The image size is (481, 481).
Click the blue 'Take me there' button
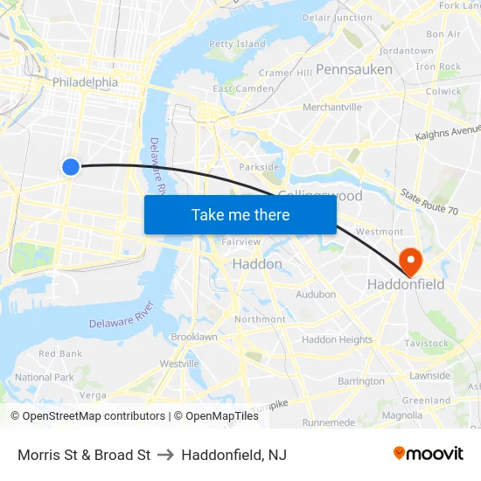point(240,214)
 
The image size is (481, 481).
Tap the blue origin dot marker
point(72,166)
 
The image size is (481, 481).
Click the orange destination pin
point(409,260)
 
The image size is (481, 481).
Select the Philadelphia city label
point(85,82)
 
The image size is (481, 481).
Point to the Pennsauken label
point(353,68)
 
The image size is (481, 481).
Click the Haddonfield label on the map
point(405,284)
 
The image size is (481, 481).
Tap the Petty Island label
point(237,44)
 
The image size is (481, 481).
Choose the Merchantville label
point(331,108)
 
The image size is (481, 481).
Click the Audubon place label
point(316,295)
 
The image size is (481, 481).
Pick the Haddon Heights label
point(337,339)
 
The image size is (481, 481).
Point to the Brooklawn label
point(194,337)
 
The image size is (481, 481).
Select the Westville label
point(179,364)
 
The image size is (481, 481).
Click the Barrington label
point(361,381)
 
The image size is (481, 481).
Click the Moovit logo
point(428,453)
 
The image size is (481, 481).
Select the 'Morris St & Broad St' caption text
point(84,455)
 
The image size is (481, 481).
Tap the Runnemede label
point(328,422)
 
